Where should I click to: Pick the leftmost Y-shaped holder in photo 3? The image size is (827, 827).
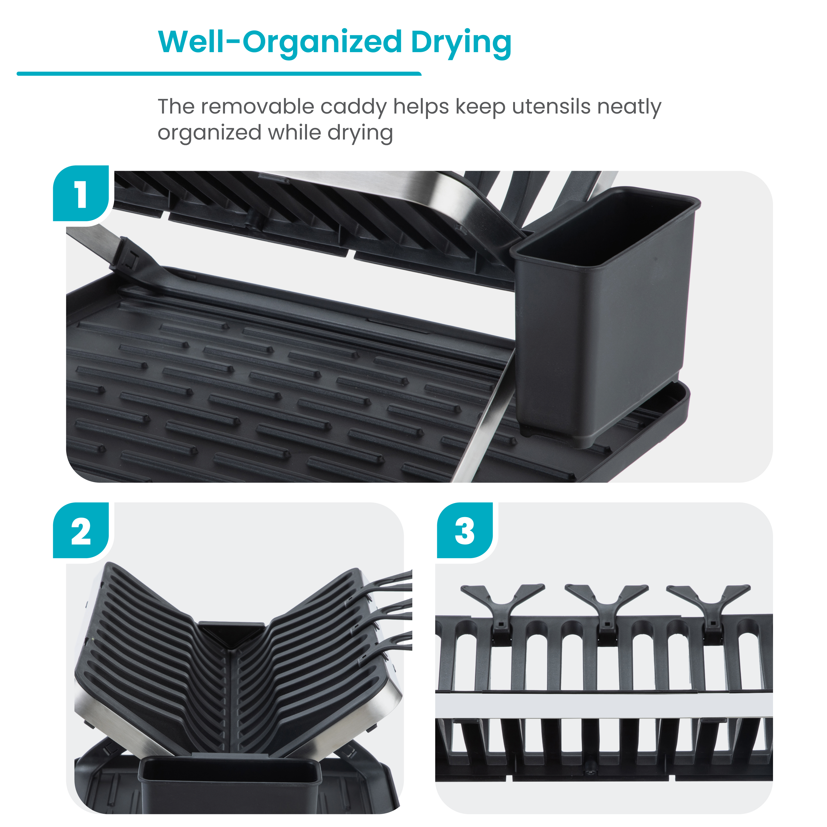click(503, 604)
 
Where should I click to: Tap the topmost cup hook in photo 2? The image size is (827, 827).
click(390, 580)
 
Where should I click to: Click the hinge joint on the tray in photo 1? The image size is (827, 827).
click(128, 257)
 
